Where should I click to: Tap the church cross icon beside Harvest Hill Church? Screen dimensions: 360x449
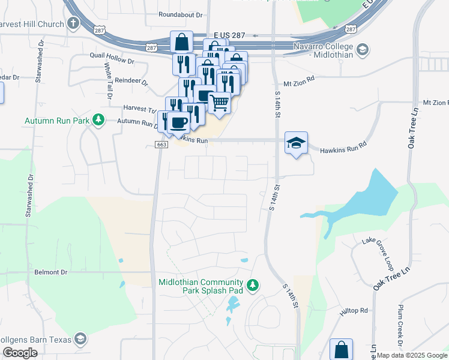point(73,24)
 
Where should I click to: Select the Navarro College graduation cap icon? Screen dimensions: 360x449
point(362,49)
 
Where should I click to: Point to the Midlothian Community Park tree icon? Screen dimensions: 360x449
point(253,285)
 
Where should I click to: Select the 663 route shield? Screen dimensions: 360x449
point(161,145)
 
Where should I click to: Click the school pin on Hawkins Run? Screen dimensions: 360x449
point(296,143)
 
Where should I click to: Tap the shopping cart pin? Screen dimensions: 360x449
point(220,103)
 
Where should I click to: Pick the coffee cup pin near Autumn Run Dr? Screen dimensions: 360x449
point(178,122)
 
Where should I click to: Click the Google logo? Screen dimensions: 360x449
point(20,353)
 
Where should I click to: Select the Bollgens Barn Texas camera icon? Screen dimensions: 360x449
point(80,339)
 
